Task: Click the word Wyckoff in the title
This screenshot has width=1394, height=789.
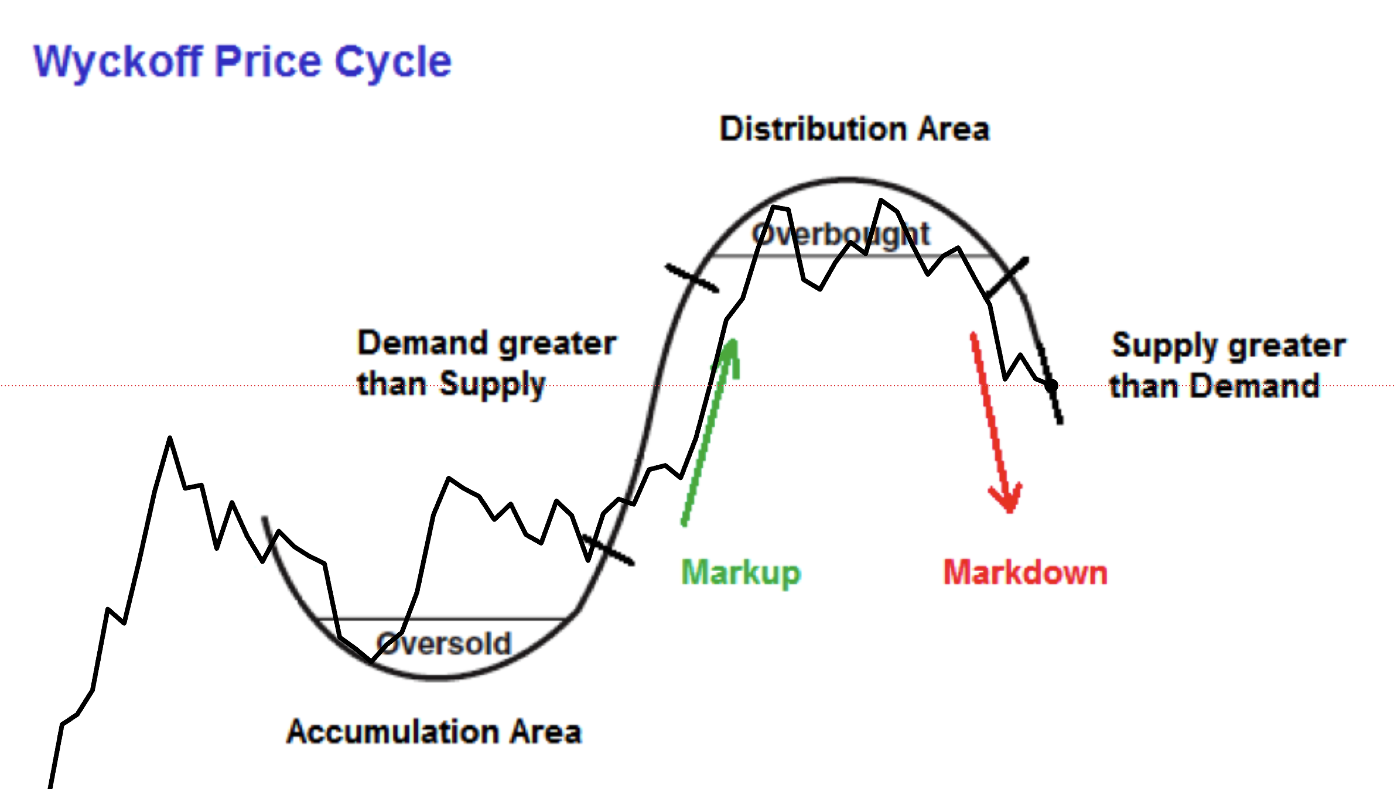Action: [x=118, y=62]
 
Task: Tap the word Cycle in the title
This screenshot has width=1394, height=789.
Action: [x=393, y=62]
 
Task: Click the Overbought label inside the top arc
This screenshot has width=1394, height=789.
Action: [x=840, y=235]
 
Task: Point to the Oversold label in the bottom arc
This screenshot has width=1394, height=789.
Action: [x=444, y=644]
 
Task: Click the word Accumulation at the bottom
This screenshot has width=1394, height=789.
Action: [x=392, y=732]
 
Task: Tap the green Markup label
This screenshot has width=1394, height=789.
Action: [x=740, y=572]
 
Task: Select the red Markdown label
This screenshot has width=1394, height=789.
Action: [x=1025, y=572]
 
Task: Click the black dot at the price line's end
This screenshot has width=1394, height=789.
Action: [x=1051, y=385]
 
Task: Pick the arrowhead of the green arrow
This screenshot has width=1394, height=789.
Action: [x=732, y=351]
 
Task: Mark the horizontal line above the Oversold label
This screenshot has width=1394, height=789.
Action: [x=439, y=619]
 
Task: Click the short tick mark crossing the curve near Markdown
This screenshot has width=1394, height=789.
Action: [x=1007, y=276]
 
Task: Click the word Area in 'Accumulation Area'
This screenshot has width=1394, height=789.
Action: [x=545, y=732]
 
